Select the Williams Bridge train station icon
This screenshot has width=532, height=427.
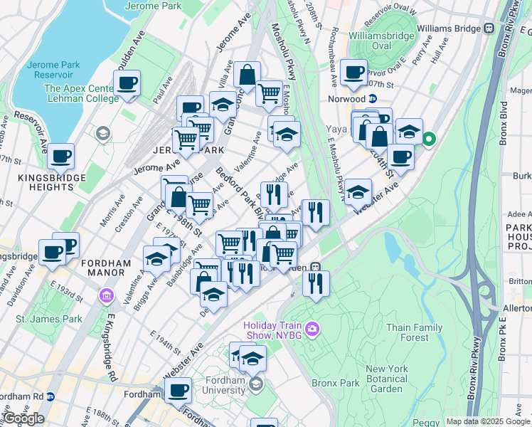pos(489,28)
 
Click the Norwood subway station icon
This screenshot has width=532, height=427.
pos(371,99)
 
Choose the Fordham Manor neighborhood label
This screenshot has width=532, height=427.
pos(107,263)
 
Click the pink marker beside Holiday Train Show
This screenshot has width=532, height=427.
pos(314,329)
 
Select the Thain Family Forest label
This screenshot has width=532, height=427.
pos(415,332)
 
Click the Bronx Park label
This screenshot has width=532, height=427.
pos(335,382)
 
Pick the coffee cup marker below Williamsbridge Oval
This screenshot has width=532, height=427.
pos(353,71)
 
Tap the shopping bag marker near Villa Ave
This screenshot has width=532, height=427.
pos(246,75)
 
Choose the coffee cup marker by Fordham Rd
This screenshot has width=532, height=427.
pos(178,389)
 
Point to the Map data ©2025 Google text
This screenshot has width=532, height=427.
pos(487,421)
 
